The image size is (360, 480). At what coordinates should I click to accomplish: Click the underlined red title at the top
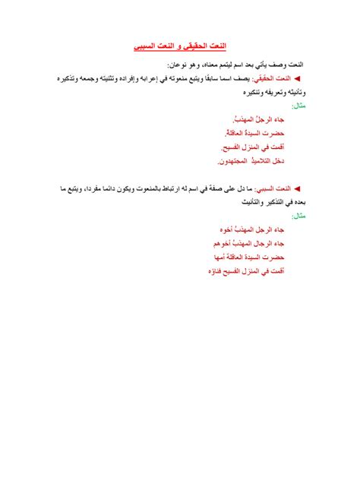point(179,46)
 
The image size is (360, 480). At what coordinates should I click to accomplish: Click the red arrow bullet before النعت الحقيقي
point(297,78)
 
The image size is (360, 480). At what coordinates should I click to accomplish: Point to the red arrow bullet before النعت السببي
point(297,187)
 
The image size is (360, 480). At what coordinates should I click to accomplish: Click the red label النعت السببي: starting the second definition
point(273,187)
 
